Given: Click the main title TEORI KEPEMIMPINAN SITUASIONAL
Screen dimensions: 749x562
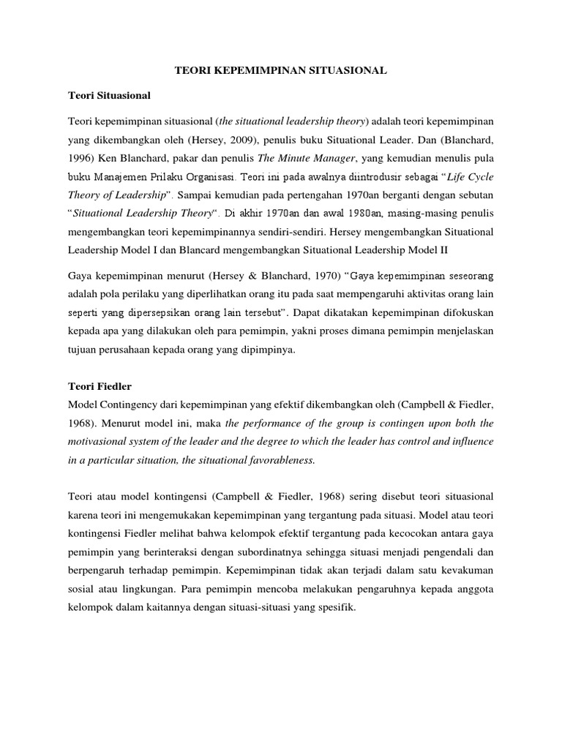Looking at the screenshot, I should (x=281, y=72).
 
